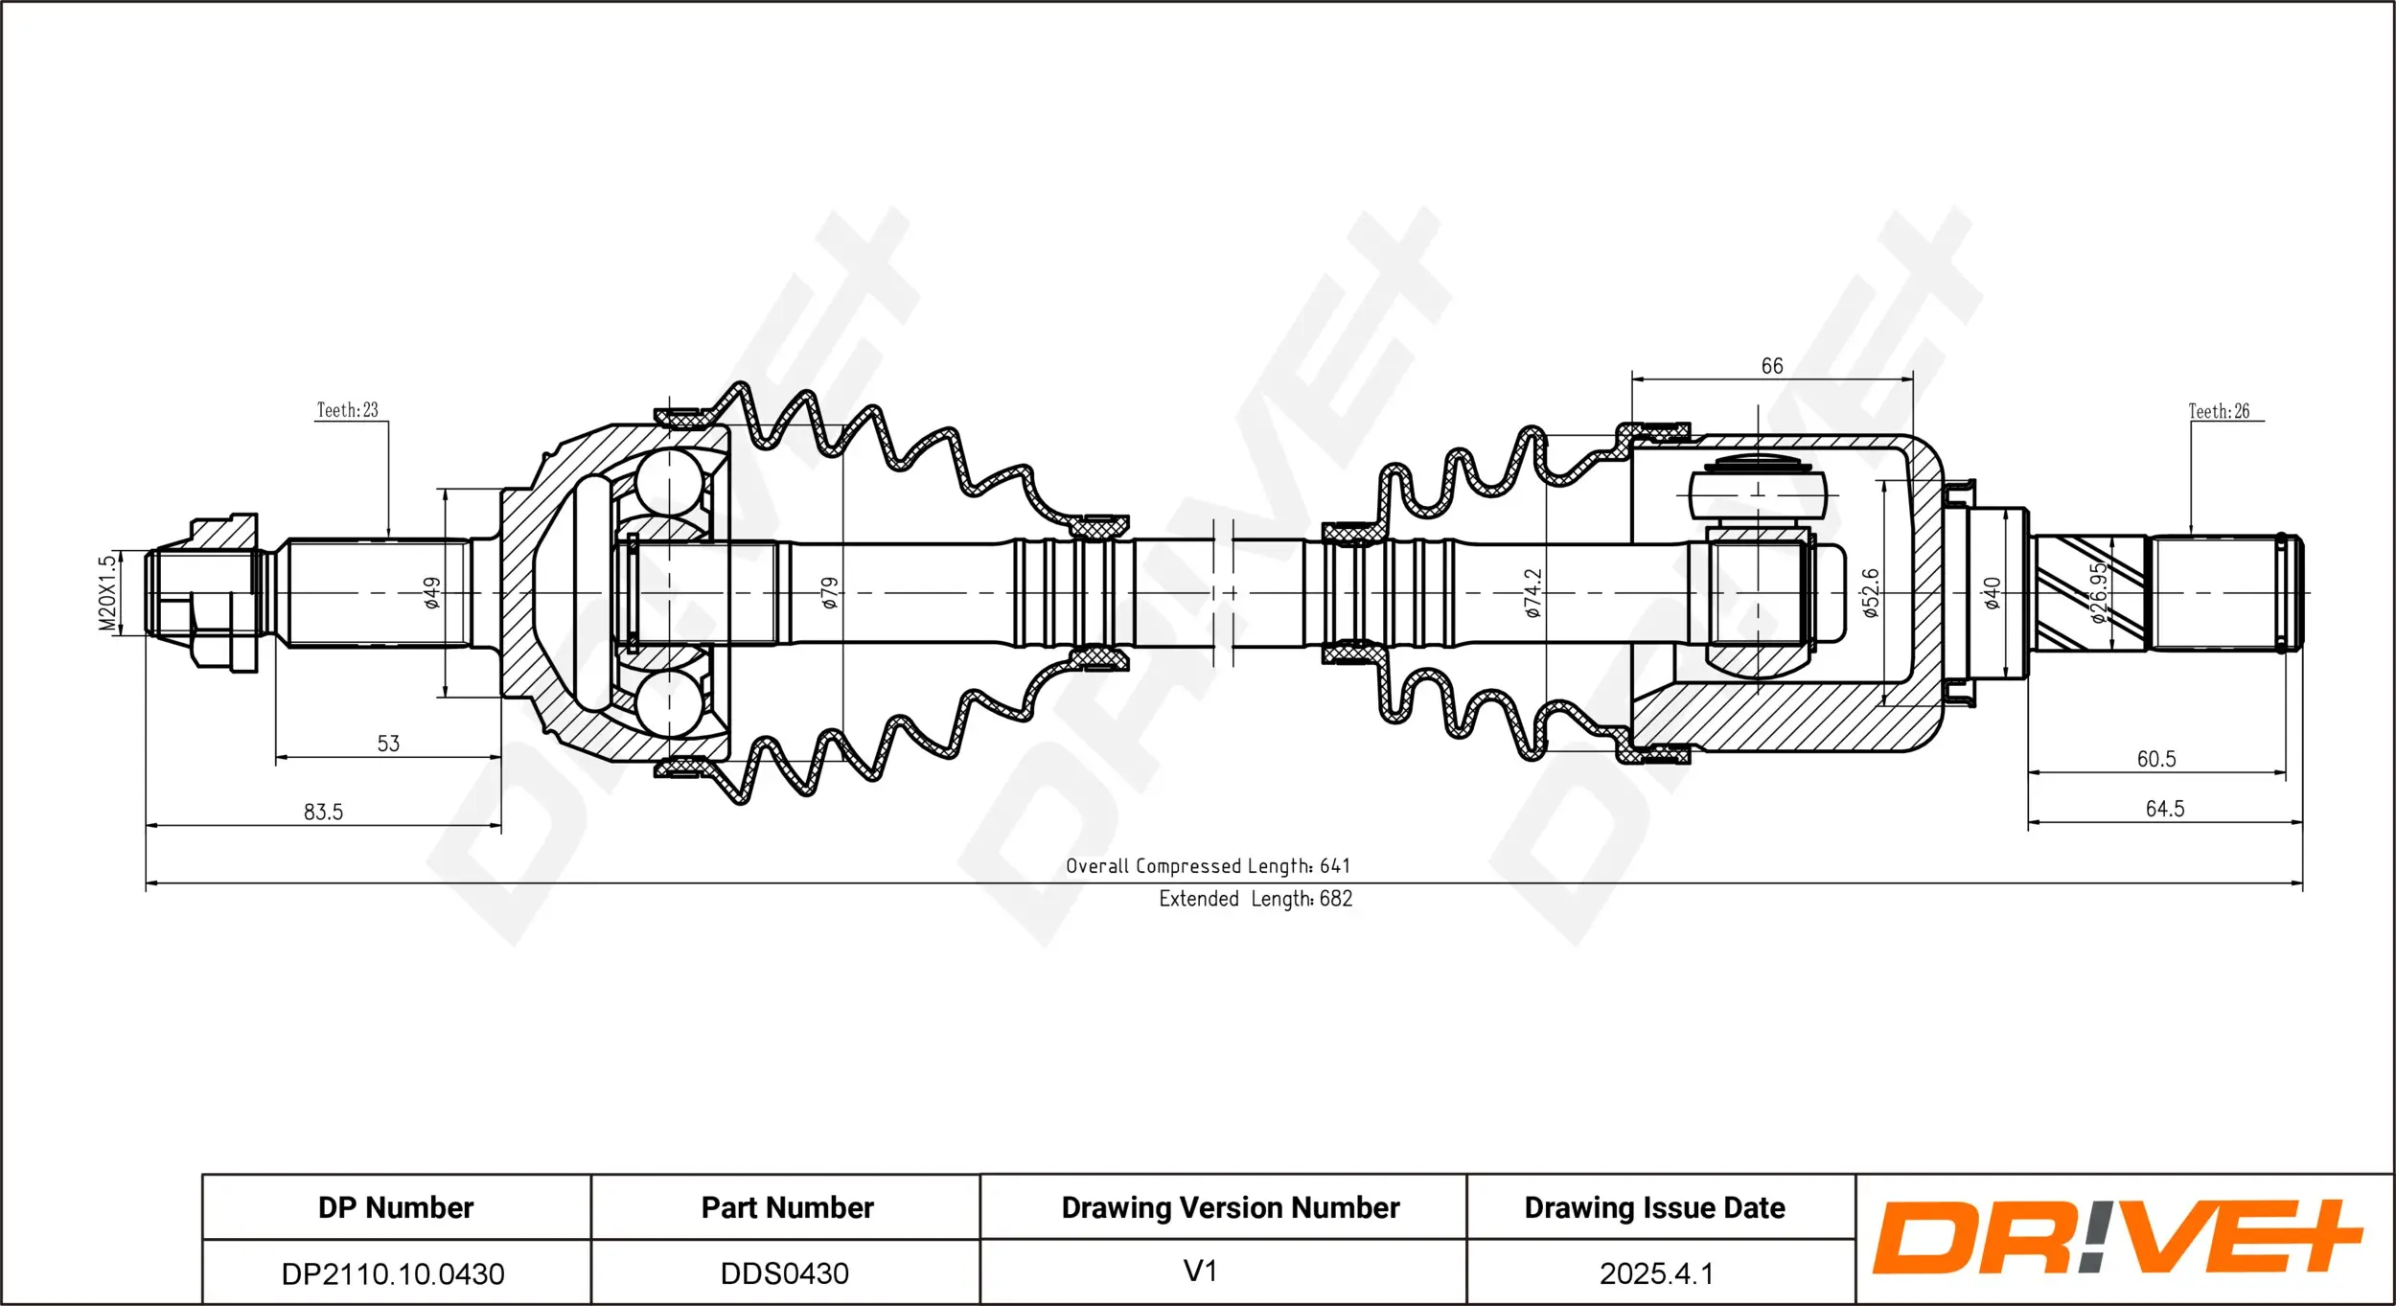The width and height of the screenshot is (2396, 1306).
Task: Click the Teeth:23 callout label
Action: [x=348, y=410]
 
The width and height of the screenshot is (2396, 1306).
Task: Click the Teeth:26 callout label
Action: [x=2219, y=411]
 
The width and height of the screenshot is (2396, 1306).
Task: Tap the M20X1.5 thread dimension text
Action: [x=107, y=592]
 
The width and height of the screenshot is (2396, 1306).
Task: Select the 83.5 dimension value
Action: [x=323, y=812]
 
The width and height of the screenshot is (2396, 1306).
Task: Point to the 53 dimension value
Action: [x=388, y=744]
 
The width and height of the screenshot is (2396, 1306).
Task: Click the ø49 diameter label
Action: [x=432, y=592]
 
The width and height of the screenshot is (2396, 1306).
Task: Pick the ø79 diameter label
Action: [x=830, y=592]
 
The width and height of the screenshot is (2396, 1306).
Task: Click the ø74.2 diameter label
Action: [x=1532, y=592]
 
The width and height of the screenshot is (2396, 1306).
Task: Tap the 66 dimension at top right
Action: [x=1772, y=366]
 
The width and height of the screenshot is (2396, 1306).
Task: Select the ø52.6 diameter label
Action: [x=1871, y=592]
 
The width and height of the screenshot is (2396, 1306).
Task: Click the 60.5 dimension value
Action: [x=2156, y=759]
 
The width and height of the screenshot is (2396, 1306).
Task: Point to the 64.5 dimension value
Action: [x=2165, y=809]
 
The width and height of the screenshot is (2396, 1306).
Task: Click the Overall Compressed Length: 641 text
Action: [x=1208, y=866]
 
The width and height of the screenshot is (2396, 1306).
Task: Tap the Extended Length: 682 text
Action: [x=1256, y=899]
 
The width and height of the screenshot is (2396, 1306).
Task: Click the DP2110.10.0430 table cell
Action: [x=393, y=1273]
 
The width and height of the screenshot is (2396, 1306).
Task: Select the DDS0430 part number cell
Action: [x=785, y=1273]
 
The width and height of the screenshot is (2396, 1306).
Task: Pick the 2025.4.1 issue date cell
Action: [x=1656, y=1273]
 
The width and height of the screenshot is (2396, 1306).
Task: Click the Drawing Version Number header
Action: [x=1231, y=1207]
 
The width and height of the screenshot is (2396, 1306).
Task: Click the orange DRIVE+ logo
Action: [x=2118, y=1238]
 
